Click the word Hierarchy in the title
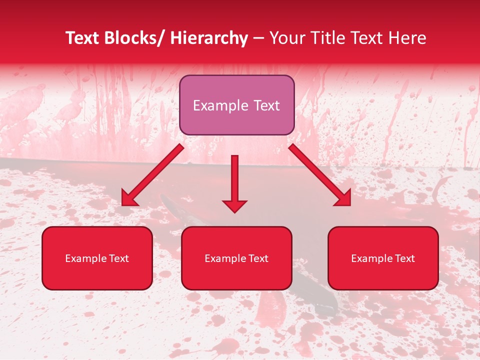pos(209,38)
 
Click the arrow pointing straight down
pos(234,182)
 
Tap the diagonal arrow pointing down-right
pos(320,174)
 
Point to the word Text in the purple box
pos(266,106)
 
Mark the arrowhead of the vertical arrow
pos(234,205)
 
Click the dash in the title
pos(258,39)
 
